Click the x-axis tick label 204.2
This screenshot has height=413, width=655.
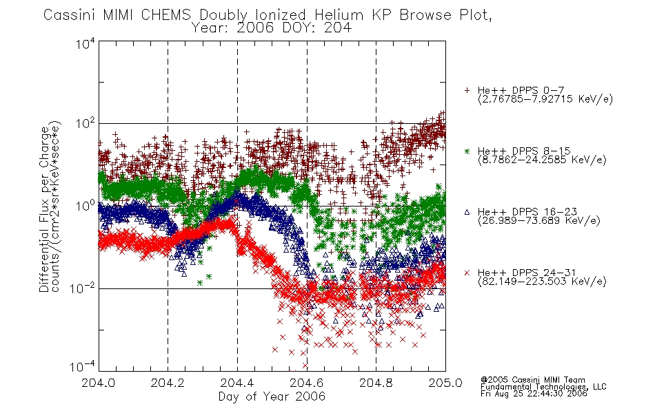pos(168,383)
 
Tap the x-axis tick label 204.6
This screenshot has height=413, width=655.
pos(307,383)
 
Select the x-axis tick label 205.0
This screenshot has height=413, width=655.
pos(445,383)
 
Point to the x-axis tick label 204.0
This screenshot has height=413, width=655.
pos(98,383)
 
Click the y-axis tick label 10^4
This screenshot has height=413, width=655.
pos(85,43)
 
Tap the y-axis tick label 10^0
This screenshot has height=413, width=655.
pos(85,205)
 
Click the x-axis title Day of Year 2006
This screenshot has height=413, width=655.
pos(272,396)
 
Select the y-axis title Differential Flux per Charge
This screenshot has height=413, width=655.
pos(44,209)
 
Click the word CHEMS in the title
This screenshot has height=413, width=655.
pos(166,15)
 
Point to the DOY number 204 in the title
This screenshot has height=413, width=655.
pos(336,28)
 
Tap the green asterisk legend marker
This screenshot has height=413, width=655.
pos(467,151)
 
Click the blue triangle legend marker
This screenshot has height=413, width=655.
pos(467,212)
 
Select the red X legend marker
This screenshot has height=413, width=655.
pos(467,273)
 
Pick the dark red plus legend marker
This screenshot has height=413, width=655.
pos(467,90)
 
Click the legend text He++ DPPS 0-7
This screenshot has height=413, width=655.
pos(521,90)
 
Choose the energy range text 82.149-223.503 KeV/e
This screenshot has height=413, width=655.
pos(542,282)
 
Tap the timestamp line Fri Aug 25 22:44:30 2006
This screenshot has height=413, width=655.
pos(534,394)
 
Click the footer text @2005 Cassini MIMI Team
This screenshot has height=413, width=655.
pos(532,380)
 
